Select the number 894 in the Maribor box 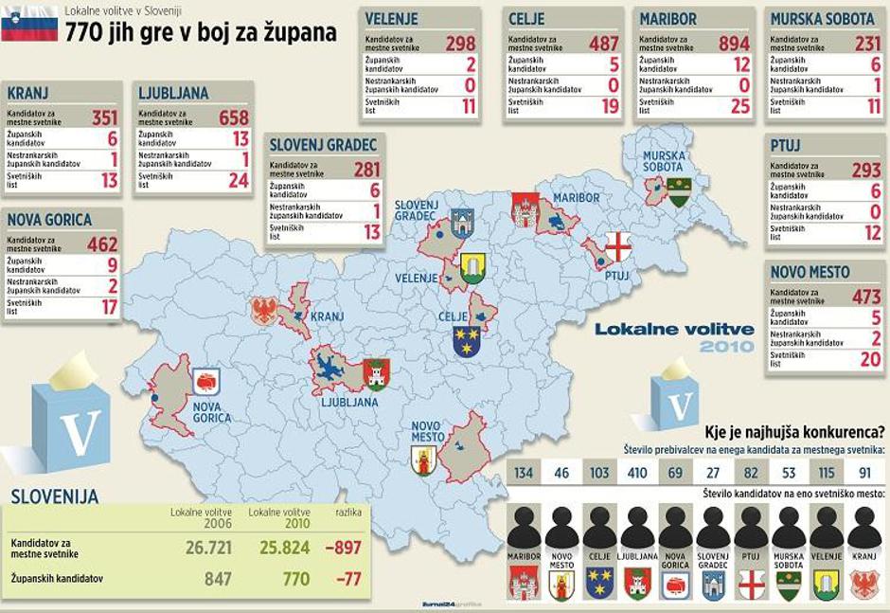[733, 44]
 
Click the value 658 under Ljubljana [233, 117]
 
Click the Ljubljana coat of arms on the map [376, 374]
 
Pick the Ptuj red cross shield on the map [617, 246]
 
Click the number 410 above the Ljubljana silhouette [636, 472]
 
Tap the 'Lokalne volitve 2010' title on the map [674, 337]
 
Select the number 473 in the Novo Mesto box [865, 297]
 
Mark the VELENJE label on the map [418, 279]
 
